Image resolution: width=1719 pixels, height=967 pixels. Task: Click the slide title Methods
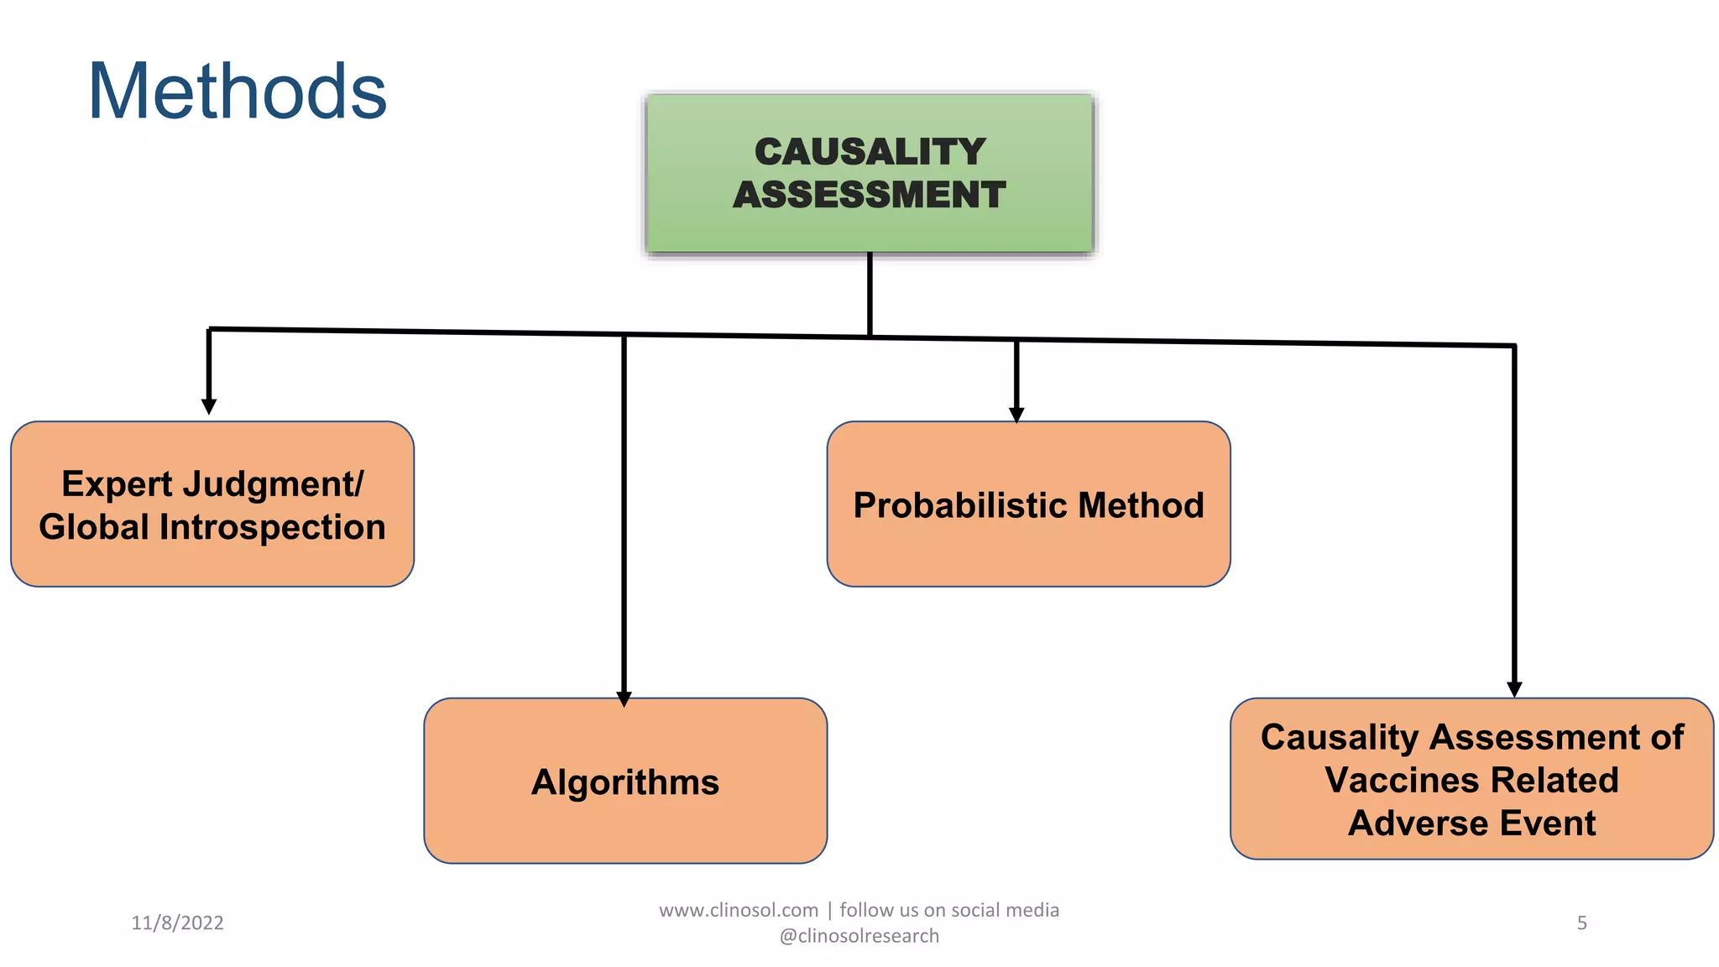(237, 92)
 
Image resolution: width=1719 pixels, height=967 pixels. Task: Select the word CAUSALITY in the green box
(870, 152)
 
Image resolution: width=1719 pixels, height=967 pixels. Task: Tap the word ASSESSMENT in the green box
(870, 195)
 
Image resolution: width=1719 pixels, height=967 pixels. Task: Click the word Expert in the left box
(117, 484)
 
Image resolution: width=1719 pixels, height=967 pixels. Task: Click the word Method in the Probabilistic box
(1141, 505)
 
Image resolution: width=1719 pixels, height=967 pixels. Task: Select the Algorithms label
(625, 782)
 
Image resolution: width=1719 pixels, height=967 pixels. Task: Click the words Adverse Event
(1471, 823)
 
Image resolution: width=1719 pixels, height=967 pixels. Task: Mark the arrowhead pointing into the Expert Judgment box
(209, 406)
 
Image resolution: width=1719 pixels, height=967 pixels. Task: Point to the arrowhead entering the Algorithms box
(624, 698)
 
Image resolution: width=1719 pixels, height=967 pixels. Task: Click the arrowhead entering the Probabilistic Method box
(1016, 415)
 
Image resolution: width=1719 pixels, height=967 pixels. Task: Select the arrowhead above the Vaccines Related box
(1514, 689)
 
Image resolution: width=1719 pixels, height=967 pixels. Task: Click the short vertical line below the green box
(870, 294)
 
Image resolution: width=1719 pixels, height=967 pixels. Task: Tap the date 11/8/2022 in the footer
(177, 923)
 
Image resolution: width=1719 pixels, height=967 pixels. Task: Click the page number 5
(1581, 923)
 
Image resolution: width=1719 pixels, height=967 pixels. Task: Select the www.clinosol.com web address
(738, 910)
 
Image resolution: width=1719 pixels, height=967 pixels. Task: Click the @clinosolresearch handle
(859, 936)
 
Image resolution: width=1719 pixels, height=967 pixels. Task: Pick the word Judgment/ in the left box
(274, 484)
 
